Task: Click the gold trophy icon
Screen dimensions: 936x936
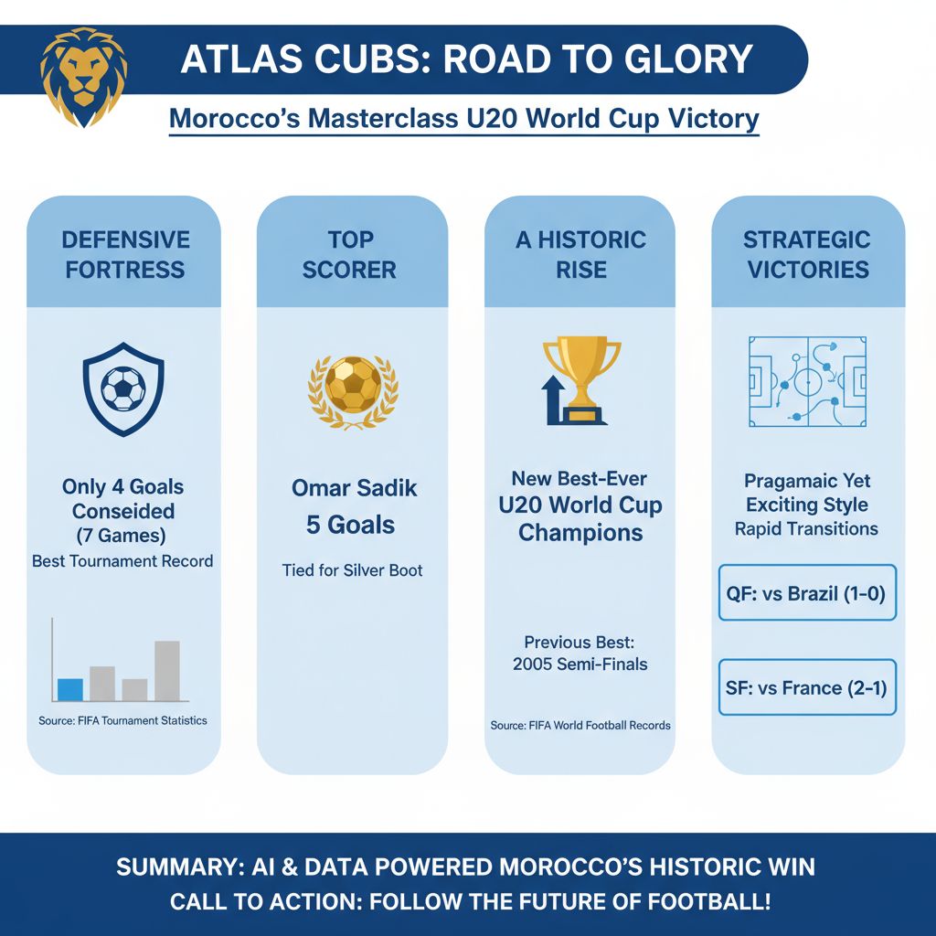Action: pos(582,377)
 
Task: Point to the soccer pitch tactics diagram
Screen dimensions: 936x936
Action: pos(808,380)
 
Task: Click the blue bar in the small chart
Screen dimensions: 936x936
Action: pos(70,689)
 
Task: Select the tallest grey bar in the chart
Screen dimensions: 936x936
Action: pos(166,670)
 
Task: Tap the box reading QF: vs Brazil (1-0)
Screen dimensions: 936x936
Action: pos(808,592)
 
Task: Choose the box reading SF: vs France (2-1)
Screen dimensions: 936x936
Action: pos(808,687)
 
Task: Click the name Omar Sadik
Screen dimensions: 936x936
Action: pos(354,488)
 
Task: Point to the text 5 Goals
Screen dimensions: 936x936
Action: pos(351,525)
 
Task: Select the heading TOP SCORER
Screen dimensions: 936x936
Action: pos(351,254)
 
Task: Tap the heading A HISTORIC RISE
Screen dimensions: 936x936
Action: pos(581,254)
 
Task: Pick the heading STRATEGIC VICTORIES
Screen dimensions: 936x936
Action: pos(806,254)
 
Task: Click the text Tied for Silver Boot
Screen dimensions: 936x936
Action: pos(352,570)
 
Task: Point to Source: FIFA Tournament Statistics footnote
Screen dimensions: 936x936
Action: pos(122,720)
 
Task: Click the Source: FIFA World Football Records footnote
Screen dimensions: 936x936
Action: pos(580,725)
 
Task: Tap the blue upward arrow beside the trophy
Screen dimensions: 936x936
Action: pos(553,401)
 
